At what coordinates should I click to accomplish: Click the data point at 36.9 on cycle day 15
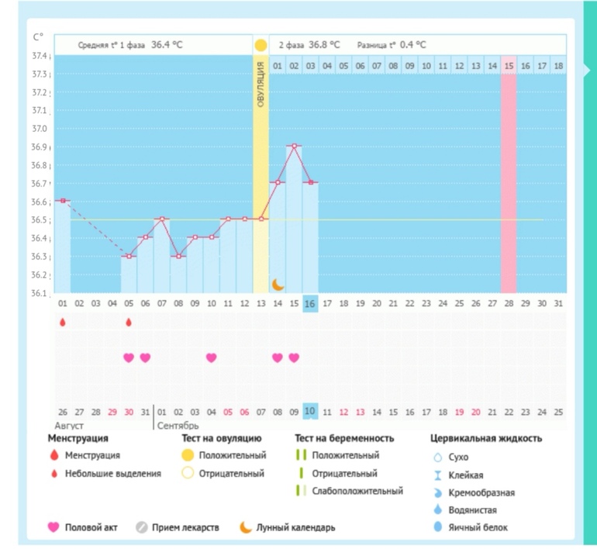tap(294, 146)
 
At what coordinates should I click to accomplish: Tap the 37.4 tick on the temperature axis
tap(39, 56)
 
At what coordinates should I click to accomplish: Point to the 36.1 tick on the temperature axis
tap(39, 293)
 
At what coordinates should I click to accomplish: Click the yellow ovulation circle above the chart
tap(261, 45)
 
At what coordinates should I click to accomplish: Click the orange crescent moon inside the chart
tap(278, 285)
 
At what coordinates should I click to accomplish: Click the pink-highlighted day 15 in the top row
tap(509, 66)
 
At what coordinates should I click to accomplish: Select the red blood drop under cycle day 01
tap(63, 322)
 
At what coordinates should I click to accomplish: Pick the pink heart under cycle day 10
tap(211, 357)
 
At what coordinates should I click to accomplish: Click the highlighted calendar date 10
tap(310, 411)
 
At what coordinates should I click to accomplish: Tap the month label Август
tap(69, 426)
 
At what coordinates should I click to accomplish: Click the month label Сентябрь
tap(178, 426)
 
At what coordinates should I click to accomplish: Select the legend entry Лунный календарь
tap(296, 527)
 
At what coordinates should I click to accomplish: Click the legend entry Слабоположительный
tap(357, 491)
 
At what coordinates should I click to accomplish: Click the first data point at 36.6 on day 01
tap(63, 201)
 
